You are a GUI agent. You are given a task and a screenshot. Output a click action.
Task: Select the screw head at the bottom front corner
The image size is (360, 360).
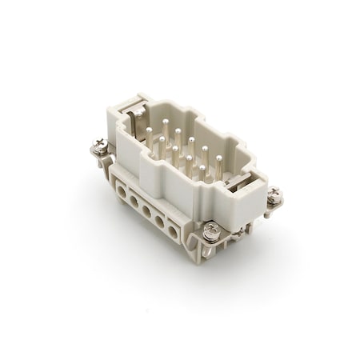210,232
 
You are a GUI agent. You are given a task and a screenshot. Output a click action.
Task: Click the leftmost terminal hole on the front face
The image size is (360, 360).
122,190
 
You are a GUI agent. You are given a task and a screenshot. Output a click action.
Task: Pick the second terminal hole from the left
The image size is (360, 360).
134,201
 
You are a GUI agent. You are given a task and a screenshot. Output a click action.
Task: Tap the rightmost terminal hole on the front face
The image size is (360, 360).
174,232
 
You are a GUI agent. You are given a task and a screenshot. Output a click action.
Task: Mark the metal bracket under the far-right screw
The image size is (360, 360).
272,206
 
